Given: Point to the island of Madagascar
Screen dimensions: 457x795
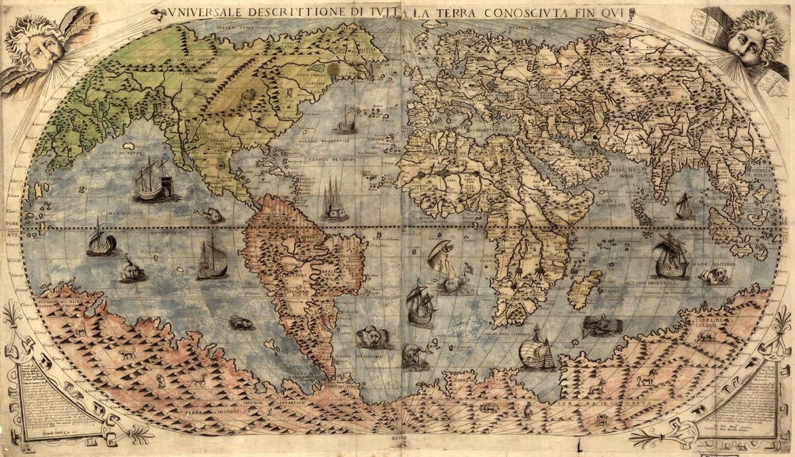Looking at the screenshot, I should (582, 289).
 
